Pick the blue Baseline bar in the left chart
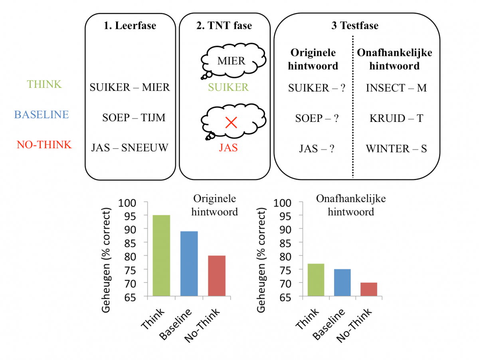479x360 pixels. [189, 264]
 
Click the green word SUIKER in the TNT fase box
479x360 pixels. [229, 88]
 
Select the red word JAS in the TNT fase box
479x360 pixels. [228, 148]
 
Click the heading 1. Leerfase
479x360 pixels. [130, 26]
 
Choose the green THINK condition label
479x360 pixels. [44, 84]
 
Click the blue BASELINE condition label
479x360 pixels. [42, 115]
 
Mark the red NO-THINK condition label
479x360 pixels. [44, 145]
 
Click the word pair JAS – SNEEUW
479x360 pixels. [130, 148]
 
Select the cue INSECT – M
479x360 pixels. [396, 88]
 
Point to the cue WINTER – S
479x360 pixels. [396, 149]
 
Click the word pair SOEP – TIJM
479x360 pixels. [134, 118]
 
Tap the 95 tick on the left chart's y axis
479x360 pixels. [128, 216]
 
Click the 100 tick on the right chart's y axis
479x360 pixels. [281, 202]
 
